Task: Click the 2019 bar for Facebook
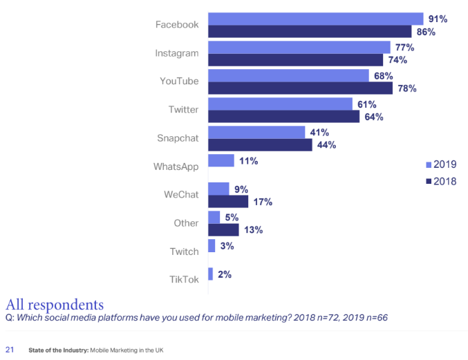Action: point(315,19)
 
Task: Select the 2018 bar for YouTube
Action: point(300,88)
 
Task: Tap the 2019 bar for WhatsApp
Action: point(221,160)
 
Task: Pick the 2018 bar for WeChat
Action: point(228,202)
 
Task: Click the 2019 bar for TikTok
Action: point(210,274)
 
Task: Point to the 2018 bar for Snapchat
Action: point(260,145)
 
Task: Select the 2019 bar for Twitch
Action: point(212,245)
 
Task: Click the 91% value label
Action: point(437,19)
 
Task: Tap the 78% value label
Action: point(406,88)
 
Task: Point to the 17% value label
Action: point(262,202)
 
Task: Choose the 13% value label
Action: point(253,230)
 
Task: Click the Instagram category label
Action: point(178,53)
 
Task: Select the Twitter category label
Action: point(183,110)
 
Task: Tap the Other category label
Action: point(186,223)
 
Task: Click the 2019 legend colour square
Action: point(429,164)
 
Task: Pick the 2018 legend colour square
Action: point(429,181)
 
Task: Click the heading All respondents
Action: point(55,304)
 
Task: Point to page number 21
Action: point(10,350)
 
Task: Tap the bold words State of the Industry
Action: point(58,350)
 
